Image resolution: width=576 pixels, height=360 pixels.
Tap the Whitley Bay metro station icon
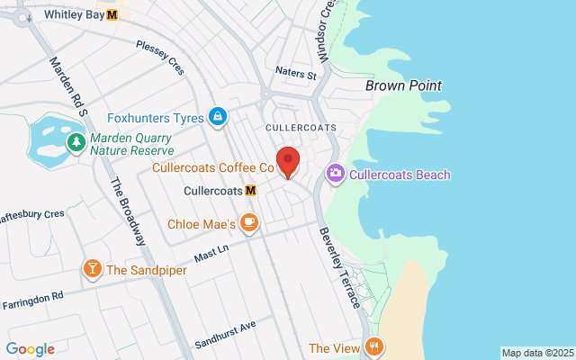112,14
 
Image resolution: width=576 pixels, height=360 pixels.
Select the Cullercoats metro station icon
250,191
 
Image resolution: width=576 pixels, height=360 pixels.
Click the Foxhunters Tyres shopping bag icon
217,117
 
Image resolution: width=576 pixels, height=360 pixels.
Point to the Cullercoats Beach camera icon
335,173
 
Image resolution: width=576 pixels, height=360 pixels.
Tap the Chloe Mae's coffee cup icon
248,222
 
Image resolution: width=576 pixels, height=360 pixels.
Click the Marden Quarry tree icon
77,141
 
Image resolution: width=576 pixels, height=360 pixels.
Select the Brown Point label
403,85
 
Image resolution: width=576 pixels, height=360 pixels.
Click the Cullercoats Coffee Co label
212,167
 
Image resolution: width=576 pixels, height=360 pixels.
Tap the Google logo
30,349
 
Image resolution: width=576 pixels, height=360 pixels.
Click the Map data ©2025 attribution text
537,353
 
